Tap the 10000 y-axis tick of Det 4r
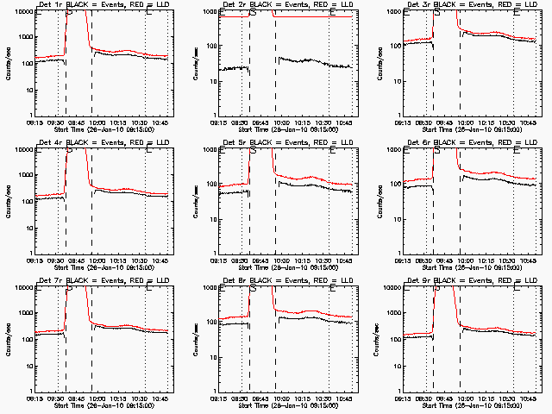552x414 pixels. (20, 151)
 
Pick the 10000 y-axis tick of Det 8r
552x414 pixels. (204, 289)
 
